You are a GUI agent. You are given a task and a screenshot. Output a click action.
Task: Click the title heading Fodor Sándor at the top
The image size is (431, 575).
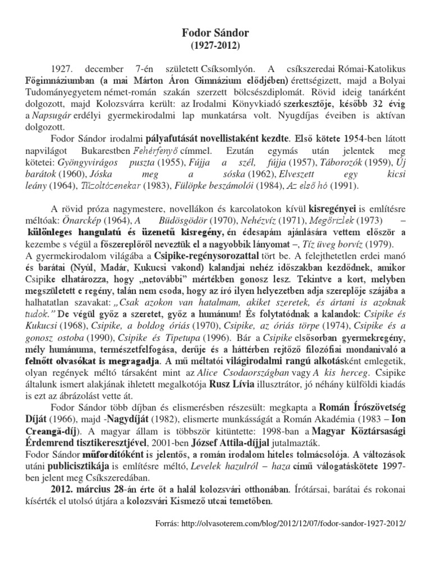[x=215, y=33]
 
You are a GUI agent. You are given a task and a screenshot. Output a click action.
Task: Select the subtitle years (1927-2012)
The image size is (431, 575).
[x=215, y=45]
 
